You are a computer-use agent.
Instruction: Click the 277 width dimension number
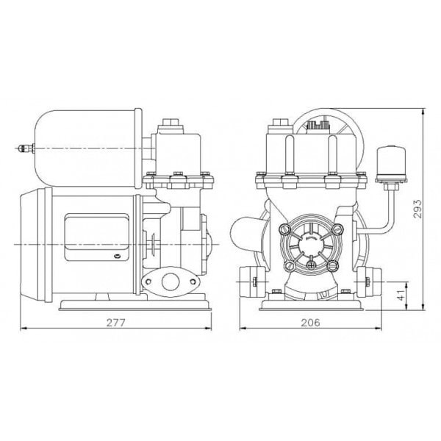115,323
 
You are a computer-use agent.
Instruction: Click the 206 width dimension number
310,323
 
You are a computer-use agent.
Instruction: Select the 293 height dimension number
417,209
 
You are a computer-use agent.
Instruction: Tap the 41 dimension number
401,294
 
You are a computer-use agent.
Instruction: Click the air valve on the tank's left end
26,148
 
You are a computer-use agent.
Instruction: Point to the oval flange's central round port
170,282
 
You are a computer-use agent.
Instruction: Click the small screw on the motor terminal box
117,256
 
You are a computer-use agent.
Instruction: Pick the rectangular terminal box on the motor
96,237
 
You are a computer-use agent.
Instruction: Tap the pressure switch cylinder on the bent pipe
391,162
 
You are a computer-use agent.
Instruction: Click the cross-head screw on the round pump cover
311,265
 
